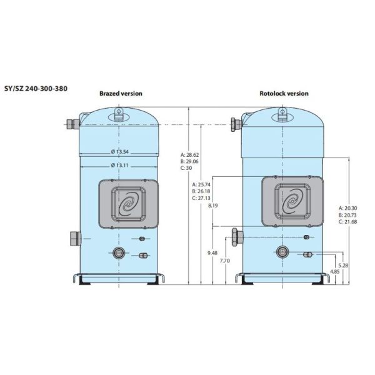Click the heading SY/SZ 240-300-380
tap(36, 89)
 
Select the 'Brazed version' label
tap(121, 94)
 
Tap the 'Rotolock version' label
tap(284, 94)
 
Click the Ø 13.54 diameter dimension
tap(120, 152)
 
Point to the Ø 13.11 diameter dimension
tap(120, 165)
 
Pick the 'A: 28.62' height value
tap(189, 155)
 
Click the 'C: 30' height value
tap(186, 168)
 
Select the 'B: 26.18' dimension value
tap(201, 191)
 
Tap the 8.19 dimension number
tap(213, 206)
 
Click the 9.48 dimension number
tap(212, 253)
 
